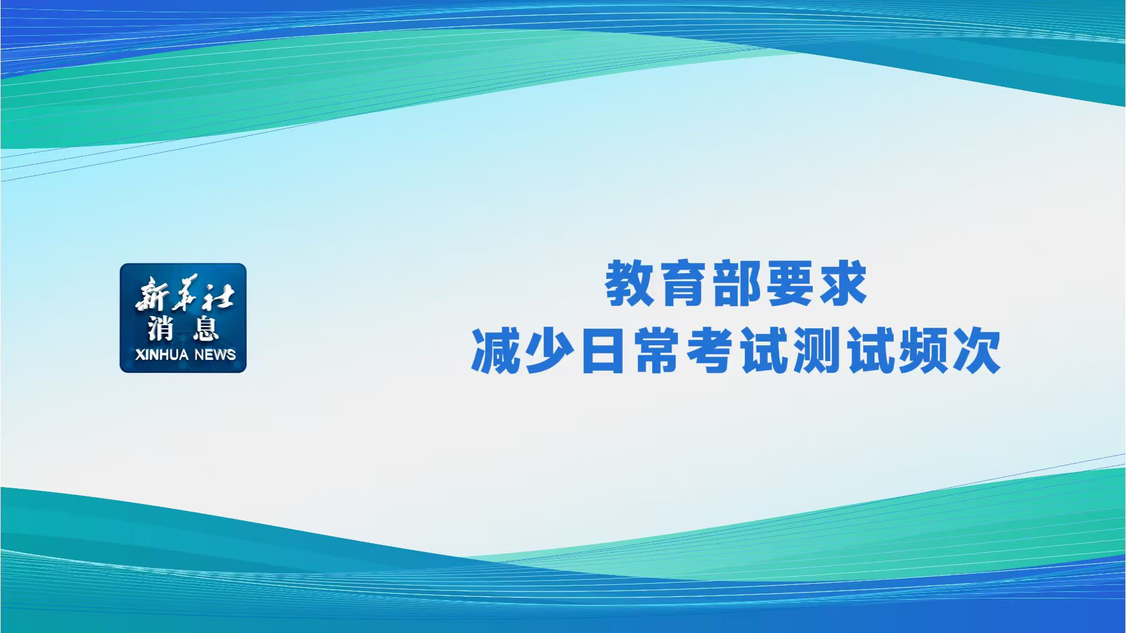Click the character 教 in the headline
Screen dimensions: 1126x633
click(629, 284)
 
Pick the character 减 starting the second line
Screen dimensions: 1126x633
click(496, 351)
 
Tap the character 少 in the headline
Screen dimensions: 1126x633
click(550, 351)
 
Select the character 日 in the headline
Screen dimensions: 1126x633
click(603, 351)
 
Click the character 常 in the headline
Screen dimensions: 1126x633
click(656, 351)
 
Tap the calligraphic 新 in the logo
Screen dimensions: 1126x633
click(151, 296)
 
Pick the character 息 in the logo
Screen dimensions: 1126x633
click(206, 328)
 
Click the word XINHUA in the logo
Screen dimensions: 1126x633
click(161, 355)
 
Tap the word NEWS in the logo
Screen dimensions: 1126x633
click(215, 355)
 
